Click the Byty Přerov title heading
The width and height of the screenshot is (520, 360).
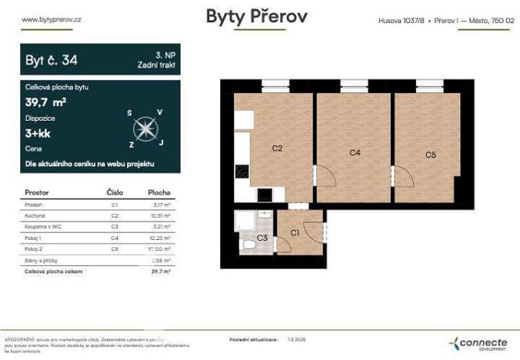coord(256,17)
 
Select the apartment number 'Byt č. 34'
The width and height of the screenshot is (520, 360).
coord(52,58)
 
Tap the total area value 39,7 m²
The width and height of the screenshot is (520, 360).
coord(45,101)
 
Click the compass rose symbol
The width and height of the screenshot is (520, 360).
coord(144,128)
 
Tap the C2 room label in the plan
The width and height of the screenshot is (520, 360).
coord(278,148)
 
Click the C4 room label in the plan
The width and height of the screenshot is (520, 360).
coord(355,153)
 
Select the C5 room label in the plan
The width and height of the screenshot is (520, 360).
coord(431,155)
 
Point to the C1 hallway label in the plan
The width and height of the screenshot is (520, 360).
coord(294,232)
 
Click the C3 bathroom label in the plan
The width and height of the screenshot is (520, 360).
coord(262,238)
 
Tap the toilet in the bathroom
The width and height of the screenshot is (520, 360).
coord(248,245)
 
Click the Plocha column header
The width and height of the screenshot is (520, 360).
coord(158,192)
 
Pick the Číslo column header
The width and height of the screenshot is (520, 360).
coord(114,192)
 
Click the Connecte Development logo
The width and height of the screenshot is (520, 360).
coord(478,343)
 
